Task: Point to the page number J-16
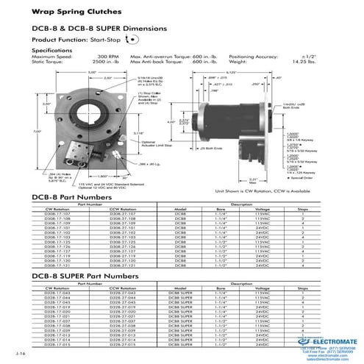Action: coord(19,354)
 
